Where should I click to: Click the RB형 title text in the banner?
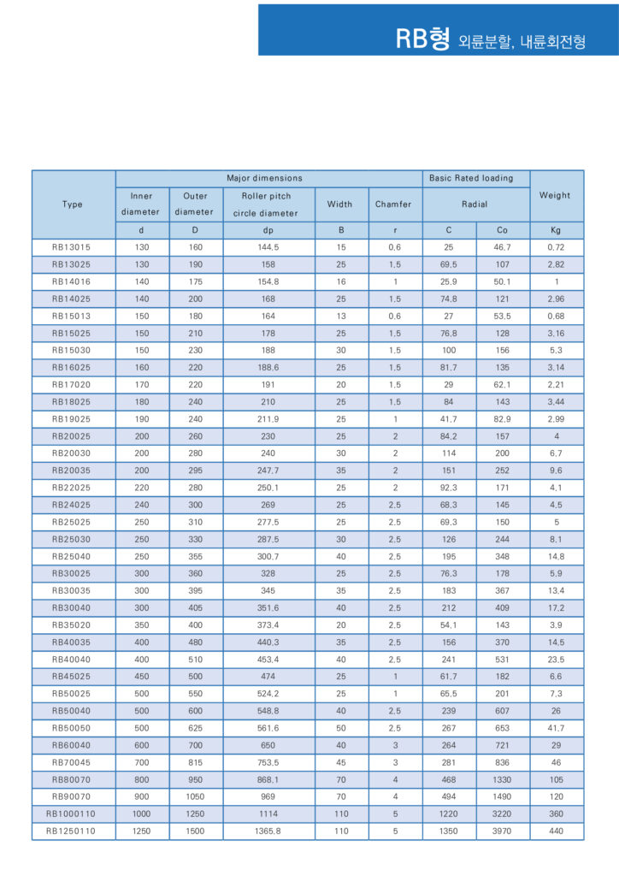[422, 38]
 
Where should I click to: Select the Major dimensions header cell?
[264, 178]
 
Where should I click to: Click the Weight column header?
[555, 195]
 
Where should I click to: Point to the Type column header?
[73, 204]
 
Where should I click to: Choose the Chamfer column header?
[393, 204]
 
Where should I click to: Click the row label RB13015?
[73, 247]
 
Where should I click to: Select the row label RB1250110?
[73, 831]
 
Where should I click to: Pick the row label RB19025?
[73, 418]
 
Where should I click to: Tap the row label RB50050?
[73, 727]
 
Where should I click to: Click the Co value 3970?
[502, 831]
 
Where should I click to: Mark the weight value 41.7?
[556, 727]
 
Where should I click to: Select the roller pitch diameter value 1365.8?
[268, 831]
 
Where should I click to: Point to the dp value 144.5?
[268, 247]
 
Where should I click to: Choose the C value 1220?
[448, 814]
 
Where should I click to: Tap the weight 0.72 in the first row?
[556, 247]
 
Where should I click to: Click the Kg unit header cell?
[556, 230]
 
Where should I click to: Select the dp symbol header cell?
[268, 230]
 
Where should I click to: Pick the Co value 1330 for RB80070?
[502, 778]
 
